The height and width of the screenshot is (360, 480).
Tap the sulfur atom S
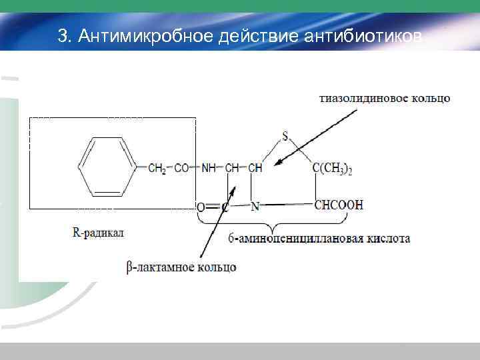[x=285, y=137]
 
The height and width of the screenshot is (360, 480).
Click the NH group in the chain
[x=209, y=168]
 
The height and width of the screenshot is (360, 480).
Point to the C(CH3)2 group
[x=333, y=169]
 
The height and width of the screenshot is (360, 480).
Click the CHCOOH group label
[x=339, y=205]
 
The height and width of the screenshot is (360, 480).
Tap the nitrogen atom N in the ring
[x=255, y=206]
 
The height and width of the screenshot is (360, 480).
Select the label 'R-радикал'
[x=98, y=233]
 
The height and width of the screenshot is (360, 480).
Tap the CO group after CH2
[x=181, y=168]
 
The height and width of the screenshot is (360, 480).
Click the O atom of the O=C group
[x=201, y=207]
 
